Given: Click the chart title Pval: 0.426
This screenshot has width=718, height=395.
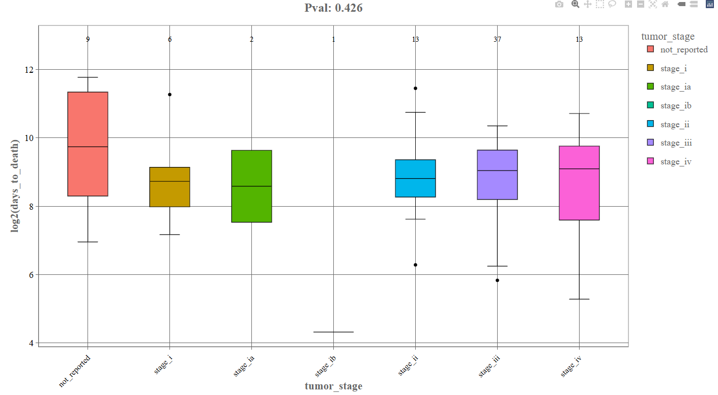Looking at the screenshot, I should pos(333,8).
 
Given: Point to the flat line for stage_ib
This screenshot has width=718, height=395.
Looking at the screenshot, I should pos(333,332).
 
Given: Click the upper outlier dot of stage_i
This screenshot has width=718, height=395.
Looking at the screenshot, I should pos(170,95).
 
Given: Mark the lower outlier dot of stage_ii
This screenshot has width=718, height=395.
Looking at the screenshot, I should pos(415,265).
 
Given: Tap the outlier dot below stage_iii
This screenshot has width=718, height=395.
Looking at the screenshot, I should pos(497,280).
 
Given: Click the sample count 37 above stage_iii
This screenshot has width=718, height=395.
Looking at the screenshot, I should pos(497,40).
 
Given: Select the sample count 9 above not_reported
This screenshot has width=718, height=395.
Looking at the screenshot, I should pos(88,40).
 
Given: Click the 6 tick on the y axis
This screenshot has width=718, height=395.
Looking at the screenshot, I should pos(32,275).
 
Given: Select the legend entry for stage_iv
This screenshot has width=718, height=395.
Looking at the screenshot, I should pos(675,162).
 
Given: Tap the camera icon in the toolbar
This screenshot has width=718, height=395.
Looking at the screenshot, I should pos(559,5).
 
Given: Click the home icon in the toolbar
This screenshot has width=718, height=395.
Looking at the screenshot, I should pos(665,5).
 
